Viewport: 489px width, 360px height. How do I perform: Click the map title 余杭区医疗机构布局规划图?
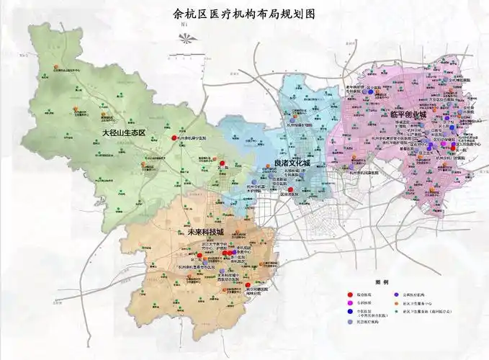pyautogui.click(x=244, y=12)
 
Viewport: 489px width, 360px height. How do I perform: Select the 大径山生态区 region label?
pyautogui.click(x=124, y=133)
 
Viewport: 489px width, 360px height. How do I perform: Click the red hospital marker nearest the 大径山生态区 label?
pyautogui.click(x=173, y=138)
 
